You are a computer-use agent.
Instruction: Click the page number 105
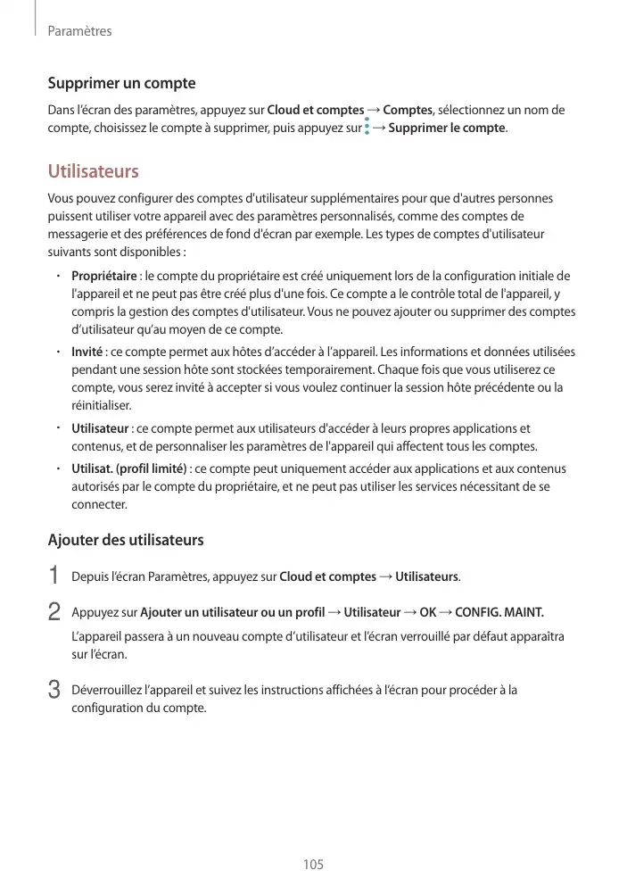click(x=313, y=865)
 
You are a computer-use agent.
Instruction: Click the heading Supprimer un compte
click(x=121, y=84)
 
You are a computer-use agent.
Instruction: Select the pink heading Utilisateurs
click(x=93, y=170)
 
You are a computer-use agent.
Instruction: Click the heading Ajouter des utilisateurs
click(x=125, y=540)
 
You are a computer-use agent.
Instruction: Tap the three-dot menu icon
click(x=367, y=128)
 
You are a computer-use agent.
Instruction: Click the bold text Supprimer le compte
click(x=447, y=128)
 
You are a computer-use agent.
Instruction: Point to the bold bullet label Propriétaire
click(x=103, y=276)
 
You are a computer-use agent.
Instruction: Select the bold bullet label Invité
click(x=87, y=351)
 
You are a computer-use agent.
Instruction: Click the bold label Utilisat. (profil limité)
click(x=128, y=468)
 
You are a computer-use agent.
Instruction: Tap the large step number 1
click(x=54, y=576)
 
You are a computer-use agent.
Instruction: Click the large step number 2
click(x=54, y=612)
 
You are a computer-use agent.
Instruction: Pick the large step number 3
click(x=54, y=690)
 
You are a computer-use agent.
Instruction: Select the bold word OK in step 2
click(x=427, y=612)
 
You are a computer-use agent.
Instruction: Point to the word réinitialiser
click(x=101, y=405)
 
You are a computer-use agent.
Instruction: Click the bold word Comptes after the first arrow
click(x=408, y=110)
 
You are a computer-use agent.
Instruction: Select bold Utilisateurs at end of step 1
click(x=426, y=576)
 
